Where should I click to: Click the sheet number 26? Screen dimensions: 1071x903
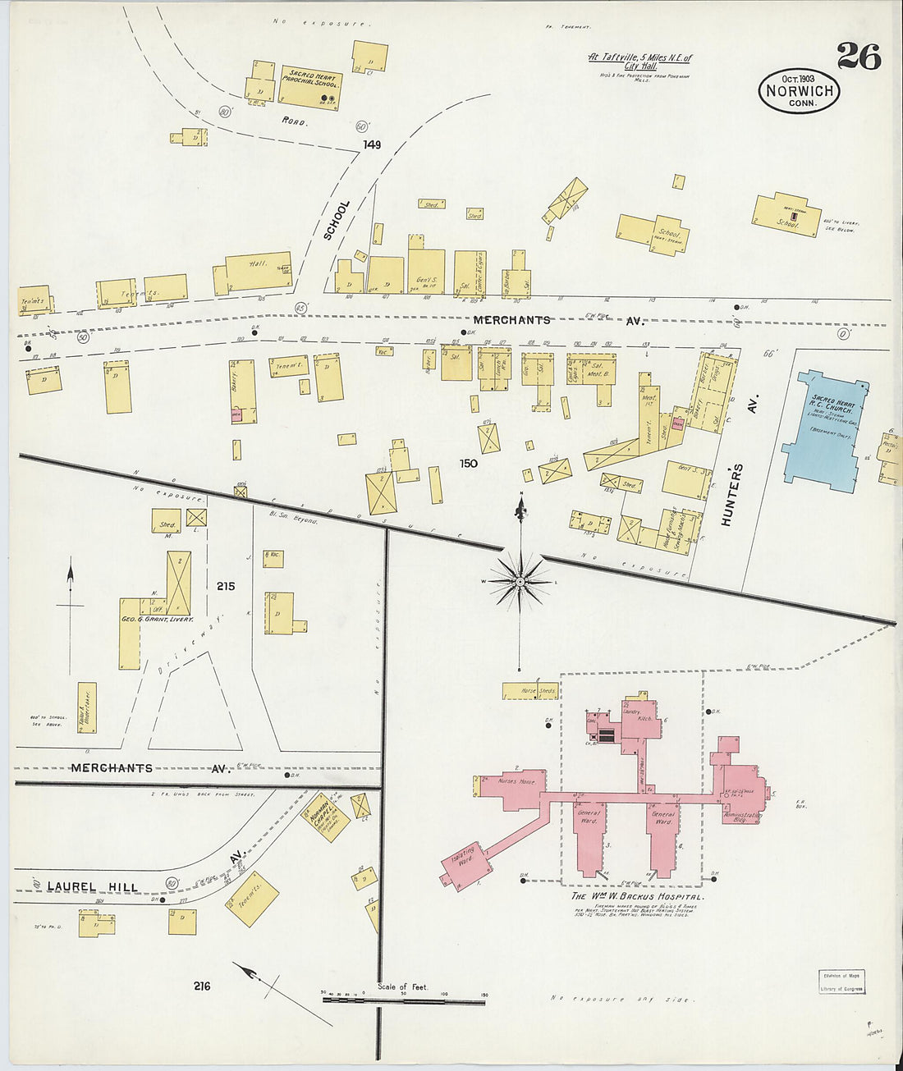tap(859, 57)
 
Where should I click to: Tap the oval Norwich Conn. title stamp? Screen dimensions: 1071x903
tap(799, 91)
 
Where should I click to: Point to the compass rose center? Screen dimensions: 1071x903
tap(520, 582)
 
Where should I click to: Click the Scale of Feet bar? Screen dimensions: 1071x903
tap(403, 1000)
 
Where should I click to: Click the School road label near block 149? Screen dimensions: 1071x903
tap(336, 220)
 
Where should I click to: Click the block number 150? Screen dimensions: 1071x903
tap(468, 463)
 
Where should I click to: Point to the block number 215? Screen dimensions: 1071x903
tap(226, 586)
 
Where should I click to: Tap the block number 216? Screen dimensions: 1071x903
tap(202, 985)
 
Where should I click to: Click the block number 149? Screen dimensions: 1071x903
tap(372, 145)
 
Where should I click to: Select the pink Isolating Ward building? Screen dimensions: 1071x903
tap(464, 863)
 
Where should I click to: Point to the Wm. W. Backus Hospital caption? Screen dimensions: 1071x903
tap(637, 897)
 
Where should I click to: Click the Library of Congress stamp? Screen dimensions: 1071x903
tap(841, 982)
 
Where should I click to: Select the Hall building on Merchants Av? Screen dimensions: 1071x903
tap(258, 270)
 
